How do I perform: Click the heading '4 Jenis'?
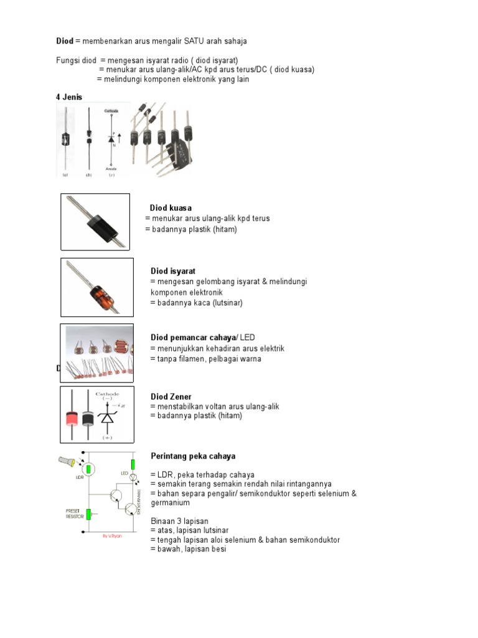pyautogui.click(x=70, y=97)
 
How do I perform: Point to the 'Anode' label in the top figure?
pyautogui.click(x=111, y=168)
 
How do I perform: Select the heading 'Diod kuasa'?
pyautogui.click(x=171, y=207)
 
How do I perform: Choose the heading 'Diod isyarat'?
pyautogui.click(x=173, y=271)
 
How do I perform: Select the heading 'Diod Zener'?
pyautogui.click(x=171, y=396)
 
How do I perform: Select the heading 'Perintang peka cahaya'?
pyautogui.click(x=193, y=456)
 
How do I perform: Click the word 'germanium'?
pyautogui.click(x=171, y=502)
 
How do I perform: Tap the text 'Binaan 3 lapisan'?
pyautogui.click(x=179, y=521)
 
